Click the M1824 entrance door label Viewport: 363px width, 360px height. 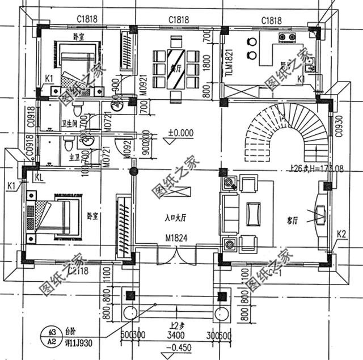coord(176,236)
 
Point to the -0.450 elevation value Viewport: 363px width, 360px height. coord(178,348)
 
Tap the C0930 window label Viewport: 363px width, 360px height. coord(339,129)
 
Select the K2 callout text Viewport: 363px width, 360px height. coord(341,234)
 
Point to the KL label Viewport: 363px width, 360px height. coord(39,177)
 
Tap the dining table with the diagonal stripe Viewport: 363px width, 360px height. coord(176,66)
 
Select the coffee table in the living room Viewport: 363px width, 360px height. coord(254,213)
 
